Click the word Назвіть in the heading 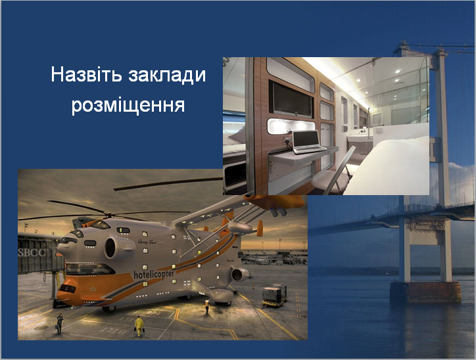[x=87, y=75]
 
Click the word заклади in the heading [x=167, y=76]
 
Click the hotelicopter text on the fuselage [x=154, y=274]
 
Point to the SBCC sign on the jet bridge [x=32, y=253]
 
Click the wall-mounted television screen [x=291, y=99]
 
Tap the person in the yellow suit [x=139, y=326]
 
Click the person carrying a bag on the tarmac [x=59, y=323]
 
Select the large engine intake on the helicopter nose [x=119, y=247]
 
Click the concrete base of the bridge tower [x=425, y=292]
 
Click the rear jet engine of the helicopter [x=240, y=275]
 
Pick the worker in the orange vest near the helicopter [x=206, y=307]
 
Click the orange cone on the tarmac [x=253, y=286]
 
